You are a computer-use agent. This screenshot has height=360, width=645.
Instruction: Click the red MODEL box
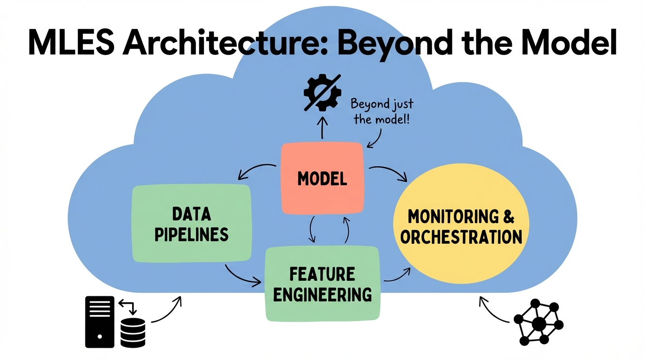pos(322,178)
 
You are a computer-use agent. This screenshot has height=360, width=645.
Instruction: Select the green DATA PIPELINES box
pos(192,223)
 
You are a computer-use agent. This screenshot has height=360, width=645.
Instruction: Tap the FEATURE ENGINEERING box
pos(322,283)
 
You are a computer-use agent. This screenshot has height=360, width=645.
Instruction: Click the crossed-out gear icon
pos(322,92)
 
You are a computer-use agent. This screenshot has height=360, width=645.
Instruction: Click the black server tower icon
pos(99,321)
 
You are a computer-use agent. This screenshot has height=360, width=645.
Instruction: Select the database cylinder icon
pos(133,332)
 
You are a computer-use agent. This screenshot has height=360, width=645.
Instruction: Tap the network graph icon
pos(539,322)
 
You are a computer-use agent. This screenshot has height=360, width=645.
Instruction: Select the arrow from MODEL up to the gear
pos(322,127)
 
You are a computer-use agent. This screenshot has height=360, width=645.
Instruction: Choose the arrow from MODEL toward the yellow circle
pos(389,172)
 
